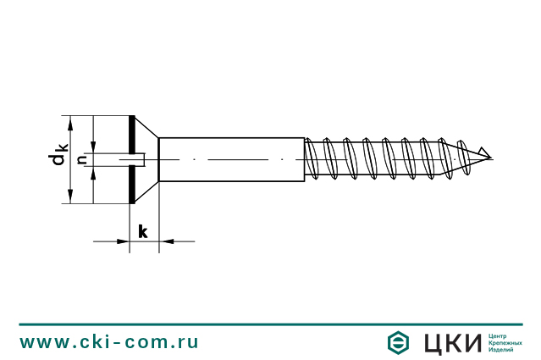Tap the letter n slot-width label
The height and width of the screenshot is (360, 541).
pos(82,159)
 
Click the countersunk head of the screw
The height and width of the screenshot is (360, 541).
pos(144,159)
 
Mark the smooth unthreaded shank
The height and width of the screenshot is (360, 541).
pos(231,159)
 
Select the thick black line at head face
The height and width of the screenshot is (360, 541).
pos(131,159)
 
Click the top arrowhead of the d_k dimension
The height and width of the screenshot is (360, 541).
pos(70,122)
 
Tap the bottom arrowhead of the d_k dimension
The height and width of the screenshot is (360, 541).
pos(70,197)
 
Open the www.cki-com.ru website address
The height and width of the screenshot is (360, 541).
pos(109,342)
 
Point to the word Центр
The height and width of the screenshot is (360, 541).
pos(500,335)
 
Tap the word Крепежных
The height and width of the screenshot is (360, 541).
pos(505,342)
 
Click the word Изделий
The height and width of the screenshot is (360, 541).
pos(503,349)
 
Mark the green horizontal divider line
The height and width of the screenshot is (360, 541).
pos(270,324)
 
